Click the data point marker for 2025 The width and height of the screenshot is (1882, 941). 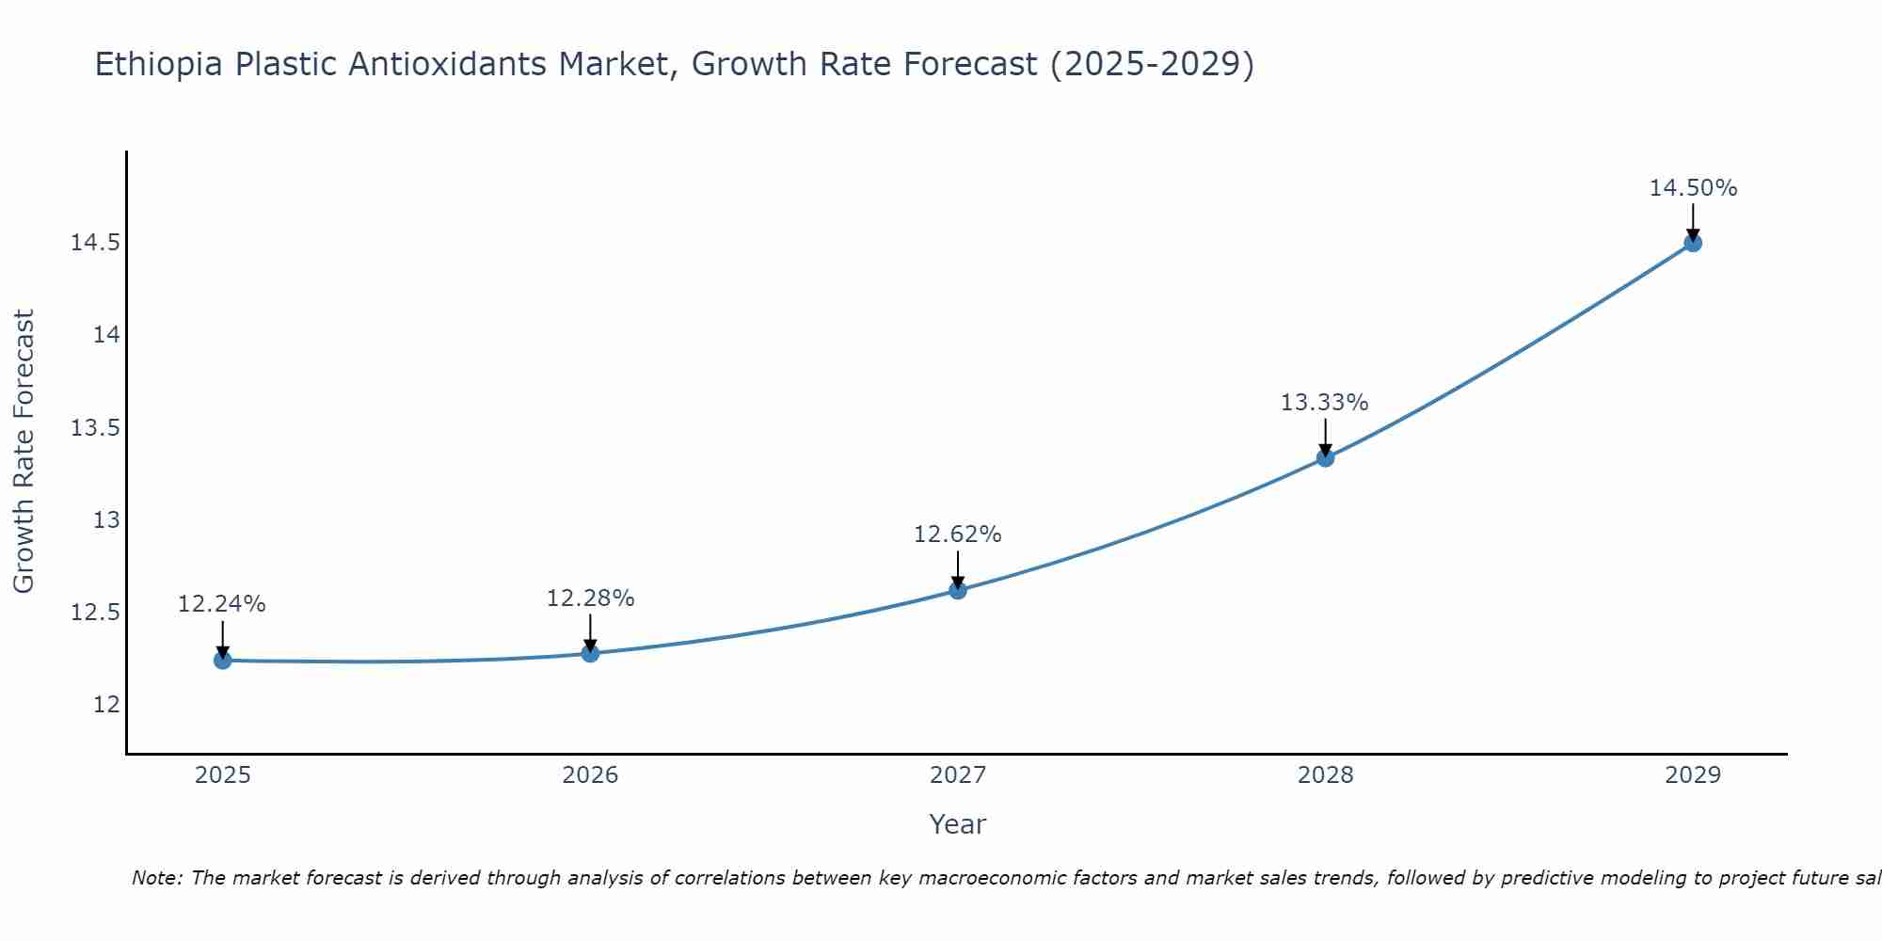[223, 661]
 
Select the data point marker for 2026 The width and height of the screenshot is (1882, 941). [590, 653]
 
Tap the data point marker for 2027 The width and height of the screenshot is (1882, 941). [958, 590]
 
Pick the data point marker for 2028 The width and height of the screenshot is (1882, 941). [1325, 458]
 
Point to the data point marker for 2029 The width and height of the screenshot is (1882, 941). [1692, 243]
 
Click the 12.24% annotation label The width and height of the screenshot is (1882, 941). [222, 604]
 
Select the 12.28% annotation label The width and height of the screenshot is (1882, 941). [590, 598]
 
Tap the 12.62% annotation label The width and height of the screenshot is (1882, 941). [958, 534]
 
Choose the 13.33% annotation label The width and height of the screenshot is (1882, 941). [1325, 403]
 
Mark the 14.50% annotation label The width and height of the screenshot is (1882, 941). [1693, 188]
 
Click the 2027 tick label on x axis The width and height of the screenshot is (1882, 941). [958, 775]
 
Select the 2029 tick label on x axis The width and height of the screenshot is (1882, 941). [1692, 775]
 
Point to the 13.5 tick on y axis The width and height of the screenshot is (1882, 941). [96, 428]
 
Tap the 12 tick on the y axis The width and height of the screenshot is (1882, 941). [107, 705]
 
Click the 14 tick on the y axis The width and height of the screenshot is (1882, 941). [107, 335]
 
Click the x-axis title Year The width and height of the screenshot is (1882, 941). [957, 824]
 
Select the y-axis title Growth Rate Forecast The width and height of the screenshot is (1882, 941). [24, 452]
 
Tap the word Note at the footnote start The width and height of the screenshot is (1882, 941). [156, 878]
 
